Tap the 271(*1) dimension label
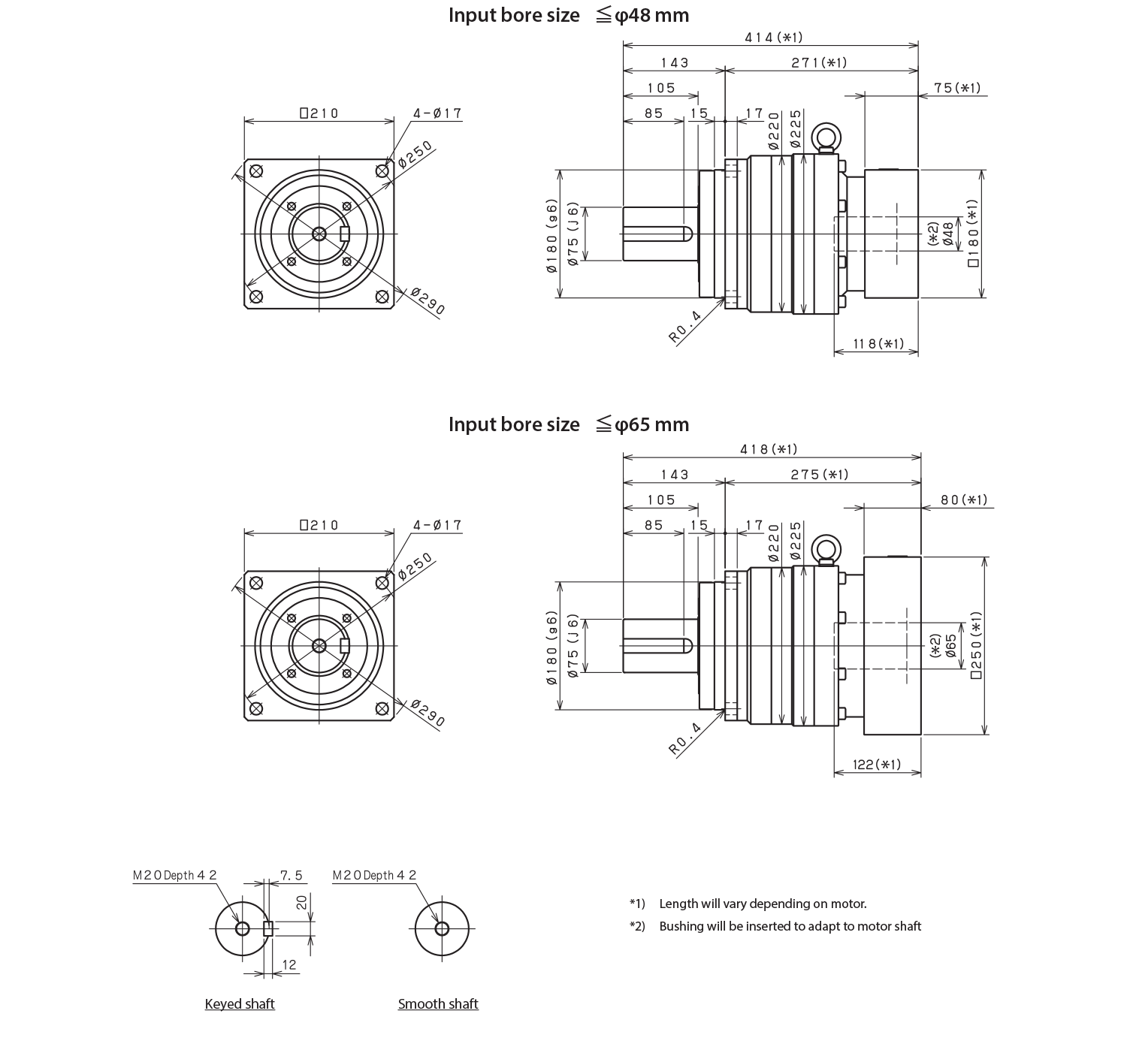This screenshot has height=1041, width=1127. (x=818, y=63)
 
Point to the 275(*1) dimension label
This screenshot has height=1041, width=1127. (x=820, y=475)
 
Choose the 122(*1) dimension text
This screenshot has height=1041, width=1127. (x=877, y=765)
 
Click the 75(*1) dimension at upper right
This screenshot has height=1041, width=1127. (x=957, y=88)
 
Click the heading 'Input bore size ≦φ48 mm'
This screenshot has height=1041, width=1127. (x=569, y=15)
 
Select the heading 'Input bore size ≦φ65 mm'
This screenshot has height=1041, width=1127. (x=569, y=424)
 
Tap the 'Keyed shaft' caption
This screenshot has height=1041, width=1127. (x=240, y=1004)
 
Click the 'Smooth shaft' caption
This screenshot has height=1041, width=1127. (x=438, y=1004)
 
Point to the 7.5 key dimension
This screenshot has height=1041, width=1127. (x=291, y=877)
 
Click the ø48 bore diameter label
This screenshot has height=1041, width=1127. (x=948, y=234)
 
